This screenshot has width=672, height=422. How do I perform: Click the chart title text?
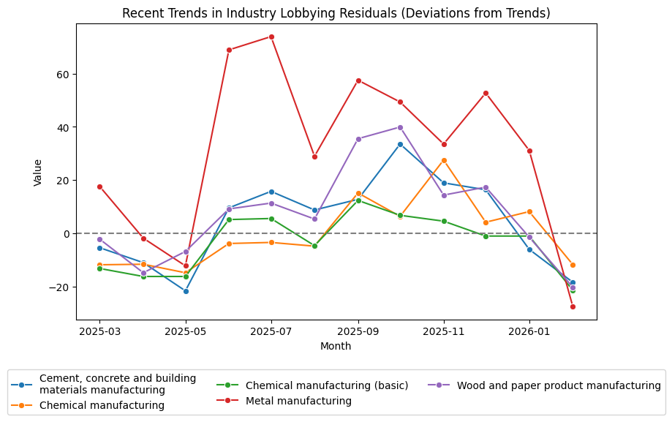[336, 13]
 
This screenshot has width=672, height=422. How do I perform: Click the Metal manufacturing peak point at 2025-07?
[271, 37]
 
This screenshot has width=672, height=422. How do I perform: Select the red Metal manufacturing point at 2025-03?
[99, 186]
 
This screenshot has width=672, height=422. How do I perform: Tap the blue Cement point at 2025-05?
[186, 291]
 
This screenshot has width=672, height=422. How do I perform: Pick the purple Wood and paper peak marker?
[401, 127]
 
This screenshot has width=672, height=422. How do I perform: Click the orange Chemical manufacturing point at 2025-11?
[444, 160]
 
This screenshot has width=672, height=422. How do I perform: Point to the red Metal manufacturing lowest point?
[573, 306]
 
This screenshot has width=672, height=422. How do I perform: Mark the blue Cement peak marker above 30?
[401, 144]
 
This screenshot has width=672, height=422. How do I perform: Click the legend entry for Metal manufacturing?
[298, 401]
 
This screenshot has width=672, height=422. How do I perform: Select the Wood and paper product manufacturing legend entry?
[559, 385]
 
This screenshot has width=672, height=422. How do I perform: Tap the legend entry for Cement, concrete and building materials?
[117, 384]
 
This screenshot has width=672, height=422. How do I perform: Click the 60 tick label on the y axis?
[61, 75]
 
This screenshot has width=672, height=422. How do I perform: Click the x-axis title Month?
[336, 346]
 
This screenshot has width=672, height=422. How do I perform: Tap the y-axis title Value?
[38, 173]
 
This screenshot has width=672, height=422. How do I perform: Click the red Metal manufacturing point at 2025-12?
[487, 93]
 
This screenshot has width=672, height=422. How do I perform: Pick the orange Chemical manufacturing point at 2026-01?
[529, 211]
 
